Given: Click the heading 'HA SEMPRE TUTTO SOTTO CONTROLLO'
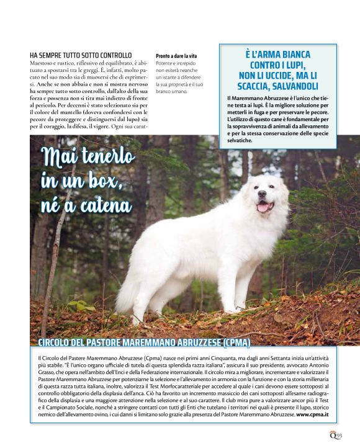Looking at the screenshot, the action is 81,55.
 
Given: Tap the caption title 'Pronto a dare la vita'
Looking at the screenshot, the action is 176,56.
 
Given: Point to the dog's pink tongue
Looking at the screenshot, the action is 263,207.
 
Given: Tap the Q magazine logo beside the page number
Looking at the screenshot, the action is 332,435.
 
